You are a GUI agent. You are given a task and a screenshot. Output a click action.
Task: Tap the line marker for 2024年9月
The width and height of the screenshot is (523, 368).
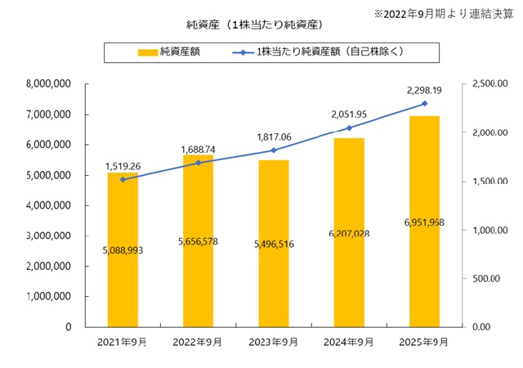point(349,128)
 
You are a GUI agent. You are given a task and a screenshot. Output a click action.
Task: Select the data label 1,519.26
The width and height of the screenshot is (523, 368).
point(123,166)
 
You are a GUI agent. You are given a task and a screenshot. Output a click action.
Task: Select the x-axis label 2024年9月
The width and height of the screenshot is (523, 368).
point(348,342)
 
